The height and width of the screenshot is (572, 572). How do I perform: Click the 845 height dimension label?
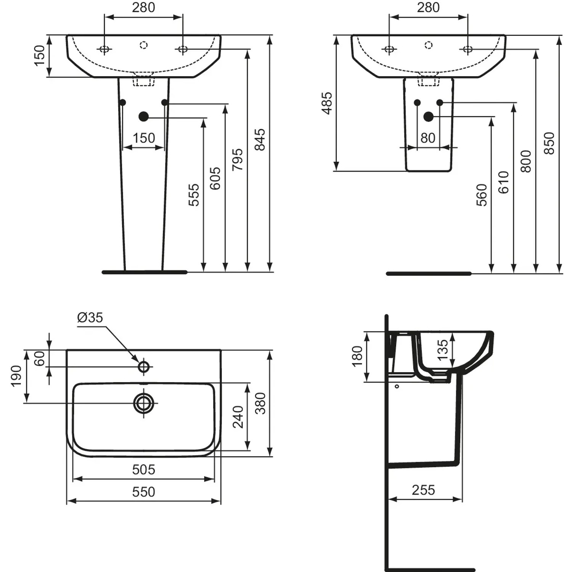[x=259, y=140]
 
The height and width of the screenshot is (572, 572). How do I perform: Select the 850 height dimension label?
[x=549, y=143]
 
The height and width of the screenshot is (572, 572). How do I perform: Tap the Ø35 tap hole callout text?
[x=90, y=317]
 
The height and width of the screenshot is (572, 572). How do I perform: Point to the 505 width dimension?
[x=144, y=469]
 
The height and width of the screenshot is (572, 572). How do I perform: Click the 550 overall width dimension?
[x=144, y=492]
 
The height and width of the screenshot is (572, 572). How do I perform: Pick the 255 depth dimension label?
[x=423, y=490]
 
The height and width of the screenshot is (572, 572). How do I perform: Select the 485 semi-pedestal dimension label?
[x=327, y=103]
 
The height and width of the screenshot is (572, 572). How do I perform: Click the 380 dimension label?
[x=260, y=403]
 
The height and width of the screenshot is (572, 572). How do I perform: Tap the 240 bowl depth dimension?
[x=238, y=417]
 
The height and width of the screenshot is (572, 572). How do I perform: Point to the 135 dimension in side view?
[x=442, y=350]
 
